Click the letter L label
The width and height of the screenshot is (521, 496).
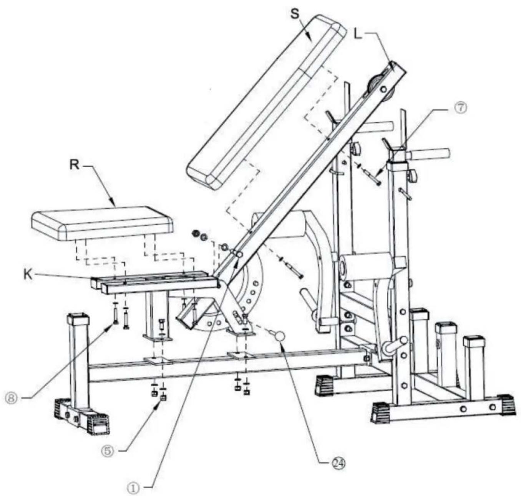point(358,34)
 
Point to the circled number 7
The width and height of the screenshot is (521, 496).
point(461,108)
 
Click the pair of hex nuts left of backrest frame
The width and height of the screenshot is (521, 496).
point(199,236)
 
